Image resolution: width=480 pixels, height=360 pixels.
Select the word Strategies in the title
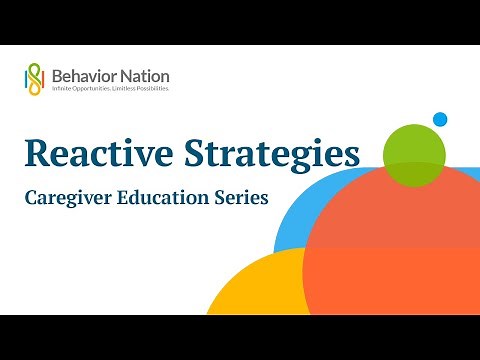click(273, 153)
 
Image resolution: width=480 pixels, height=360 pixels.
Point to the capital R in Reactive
click(39, 153)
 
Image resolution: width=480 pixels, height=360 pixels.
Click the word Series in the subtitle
click(241, 198)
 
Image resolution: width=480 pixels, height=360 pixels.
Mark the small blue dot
click(439, 120)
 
